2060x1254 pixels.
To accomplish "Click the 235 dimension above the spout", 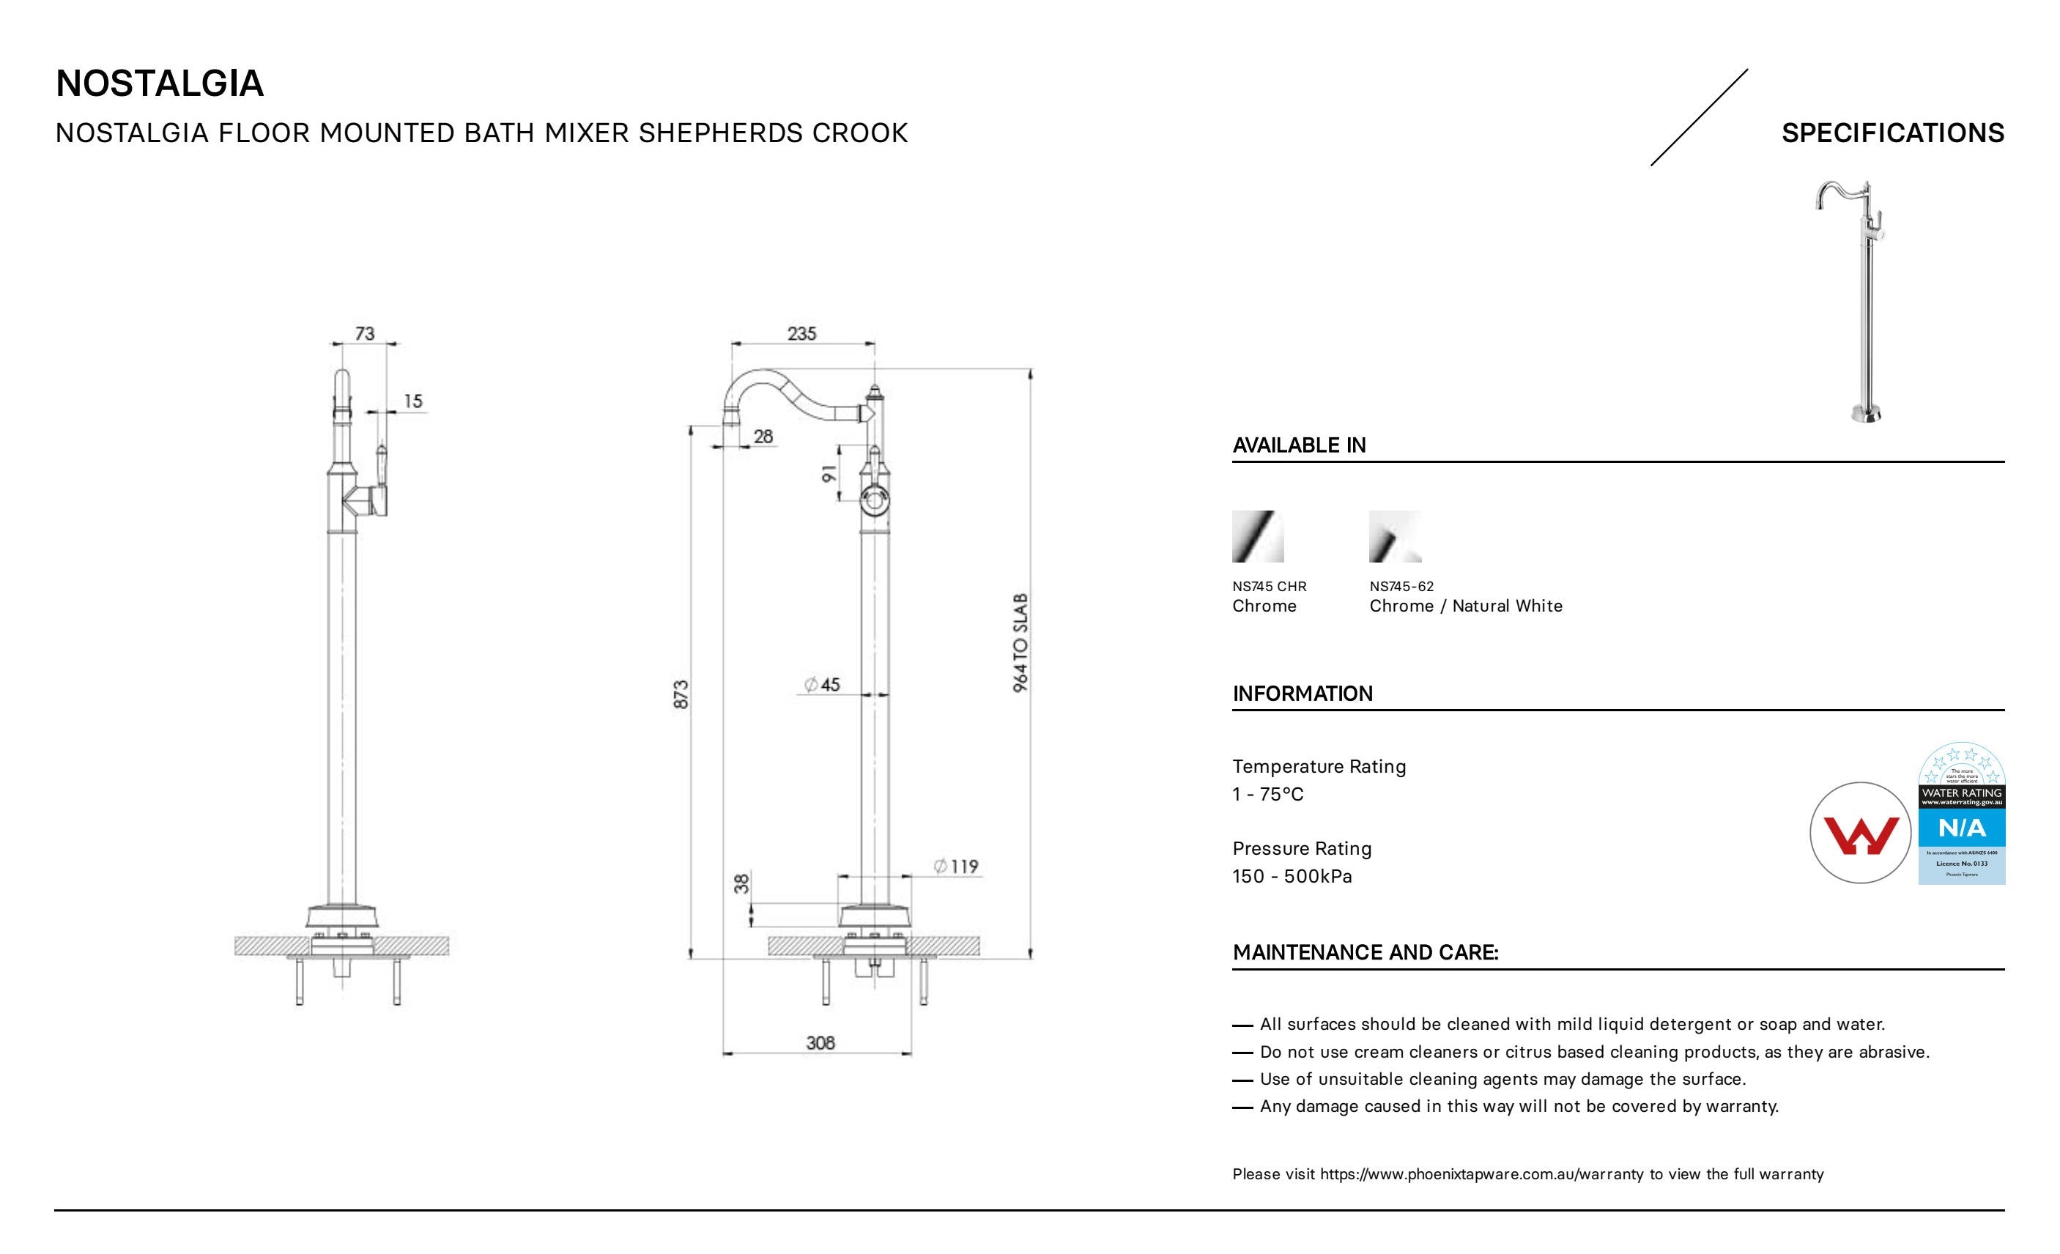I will (x=801, y=333).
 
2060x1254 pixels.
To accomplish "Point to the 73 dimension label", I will (x=365, y=333).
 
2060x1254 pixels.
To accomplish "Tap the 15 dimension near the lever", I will (x=413, y=401).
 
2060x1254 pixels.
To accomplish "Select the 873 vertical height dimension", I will (x=681, y=694).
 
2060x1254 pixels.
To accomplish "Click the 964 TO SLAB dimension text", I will (x=1020, y=643).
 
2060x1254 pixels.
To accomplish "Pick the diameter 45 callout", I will (x=823, y=685).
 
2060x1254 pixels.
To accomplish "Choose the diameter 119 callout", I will (x=957, y=866).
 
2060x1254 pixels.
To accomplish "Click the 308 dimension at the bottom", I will (x=820, y=1042).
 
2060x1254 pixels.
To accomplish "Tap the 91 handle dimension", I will (x=829, y=474).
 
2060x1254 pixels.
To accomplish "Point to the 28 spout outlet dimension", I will (x=763, y=437).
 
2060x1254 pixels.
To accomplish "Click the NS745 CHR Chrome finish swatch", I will (x=1257, y=537).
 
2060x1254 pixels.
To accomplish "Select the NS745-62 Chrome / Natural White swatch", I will (x=1395, y=537).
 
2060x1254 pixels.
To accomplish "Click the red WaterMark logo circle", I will (x=1860, y=833).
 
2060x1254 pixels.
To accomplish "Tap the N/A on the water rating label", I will (x=1961, y=828).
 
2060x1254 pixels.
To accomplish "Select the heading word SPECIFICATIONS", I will (x=1893, y=133).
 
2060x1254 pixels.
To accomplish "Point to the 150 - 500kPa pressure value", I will (x=1292, y=876).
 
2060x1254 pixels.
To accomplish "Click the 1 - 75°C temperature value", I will (x=1267, y=794).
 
